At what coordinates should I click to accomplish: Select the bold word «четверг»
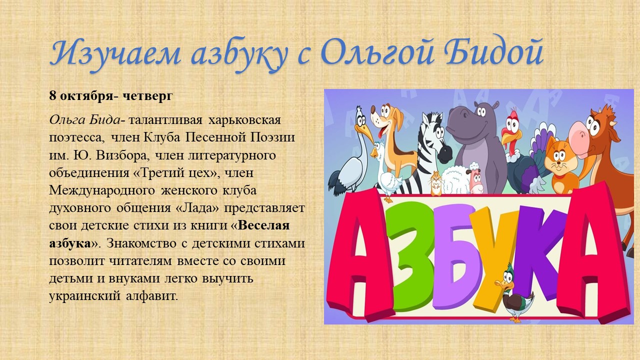(x=147, y=95)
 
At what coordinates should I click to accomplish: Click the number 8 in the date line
(x=52, y=95)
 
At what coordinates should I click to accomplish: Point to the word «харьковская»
(x=244, y=120)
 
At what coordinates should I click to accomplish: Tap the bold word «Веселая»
(x=263, y=225)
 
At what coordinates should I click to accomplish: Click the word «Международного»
(x=102, y=191)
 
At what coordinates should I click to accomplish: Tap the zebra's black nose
(x=444, y=153)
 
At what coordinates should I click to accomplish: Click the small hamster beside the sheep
(x=436, y=183)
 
